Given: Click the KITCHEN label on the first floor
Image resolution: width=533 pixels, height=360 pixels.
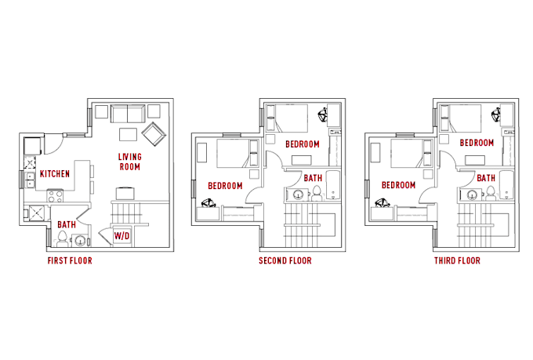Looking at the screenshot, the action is [55, 174].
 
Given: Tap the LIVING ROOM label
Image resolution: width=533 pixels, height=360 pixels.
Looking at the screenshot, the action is [130, 162].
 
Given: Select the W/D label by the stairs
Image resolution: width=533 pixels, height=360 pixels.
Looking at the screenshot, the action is [121, 235].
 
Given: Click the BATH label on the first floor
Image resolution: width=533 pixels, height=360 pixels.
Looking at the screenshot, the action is [67, 224].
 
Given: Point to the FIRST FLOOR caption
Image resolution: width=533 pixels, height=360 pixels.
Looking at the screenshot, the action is [70, 260].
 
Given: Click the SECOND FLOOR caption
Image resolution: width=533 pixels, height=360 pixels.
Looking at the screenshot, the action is [285, 260].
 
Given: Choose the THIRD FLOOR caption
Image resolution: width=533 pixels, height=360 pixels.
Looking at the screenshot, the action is [457, 260].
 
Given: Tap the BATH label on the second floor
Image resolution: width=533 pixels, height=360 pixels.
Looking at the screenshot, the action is [313, 178].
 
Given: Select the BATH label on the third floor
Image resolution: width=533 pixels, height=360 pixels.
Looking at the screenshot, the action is [486, 178].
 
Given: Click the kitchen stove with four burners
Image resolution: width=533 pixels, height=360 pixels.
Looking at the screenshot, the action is [55, 195].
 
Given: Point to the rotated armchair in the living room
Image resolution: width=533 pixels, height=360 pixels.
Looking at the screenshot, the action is [154, 133].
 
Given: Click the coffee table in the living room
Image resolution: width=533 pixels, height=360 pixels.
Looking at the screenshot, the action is [128, 134].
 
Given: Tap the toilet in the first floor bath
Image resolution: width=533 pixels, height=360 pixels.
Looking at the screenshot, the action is [62, 238].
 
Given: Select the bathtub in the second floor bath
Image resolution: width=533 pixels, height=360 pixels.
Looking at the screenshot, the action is [333, 186].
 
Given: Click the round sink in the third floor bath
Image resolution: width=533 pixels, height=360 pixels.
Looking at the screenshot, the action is [472, 195].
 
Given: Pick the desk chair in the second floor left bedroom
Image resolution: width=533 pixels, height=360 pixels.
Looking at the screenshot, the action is [208, 203].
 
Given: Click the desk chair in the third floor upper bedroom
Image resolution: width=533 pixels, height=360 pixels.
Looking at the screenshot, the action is [496, 115].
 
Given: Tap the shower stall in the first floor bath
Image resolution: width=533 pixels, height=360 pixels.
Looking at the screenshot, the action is [36, 213].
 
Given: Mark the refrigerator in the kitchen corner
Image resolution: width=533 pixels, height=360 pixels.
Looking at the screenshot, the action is [33, 146].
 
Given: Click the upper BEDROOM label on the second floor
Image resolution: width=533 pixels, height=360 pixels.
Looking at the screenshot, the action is [303, 144].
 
